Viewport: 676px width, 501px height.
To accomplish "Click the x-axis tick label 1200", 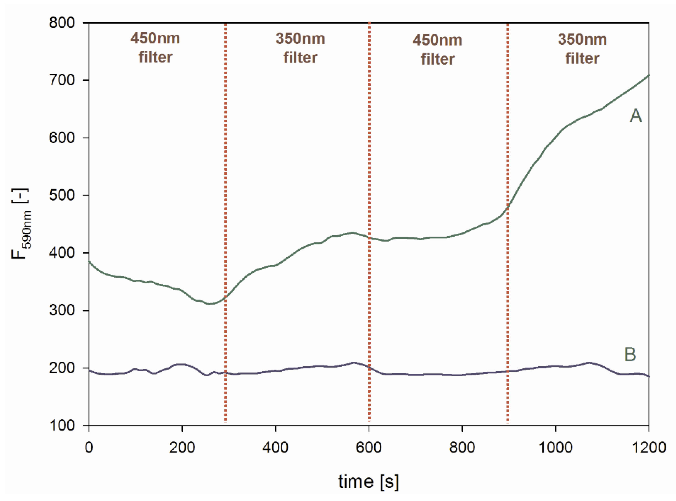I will point(649,447).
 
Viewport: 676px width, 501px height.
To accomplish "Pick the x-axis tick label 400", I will point(275,447).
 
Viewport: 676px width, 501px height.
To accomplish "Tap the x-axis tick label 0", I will point(89,447).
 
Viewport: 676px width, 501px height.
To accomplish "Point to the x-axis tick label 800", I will point(462,447).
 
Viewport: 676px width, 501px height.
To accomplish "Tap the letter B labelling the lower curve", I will point(630,354).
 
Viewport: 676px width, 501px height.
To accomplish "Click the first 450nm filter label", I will point(155,48).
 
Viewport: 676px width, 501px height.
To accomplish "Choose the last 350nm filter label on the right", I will point(582,49).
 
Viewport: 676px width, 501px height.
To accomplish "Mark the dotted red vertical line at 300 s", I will point(225,221).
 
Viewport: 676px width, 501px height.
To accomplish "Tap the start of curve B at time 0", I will point(90,370).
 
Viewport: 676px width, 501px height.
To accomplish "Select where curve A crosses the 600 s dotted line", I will point(369,238).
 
